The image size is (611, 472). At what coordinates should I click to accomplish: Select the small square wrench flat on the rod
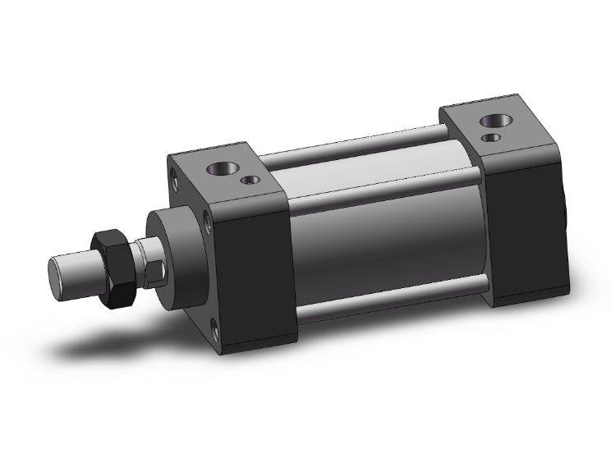point(154,268)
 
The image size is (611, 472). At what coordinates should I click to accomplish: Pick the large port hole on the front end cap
point(222,169)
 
